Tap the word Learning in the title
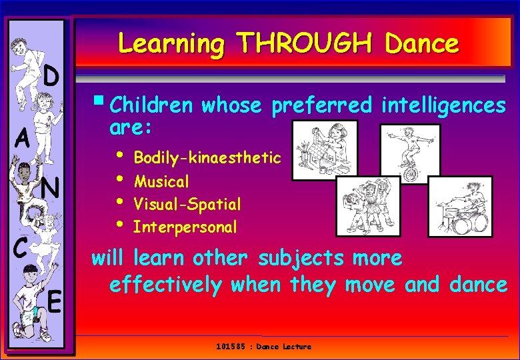pos(172,45)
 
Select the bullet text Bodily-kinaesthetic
pos(207,158)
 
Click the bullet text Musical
pos(161,181)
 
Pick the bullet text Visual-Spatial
pos(187,204)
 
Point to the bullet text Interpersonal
pos(185,227)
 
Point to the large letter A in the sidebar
pos(23,140)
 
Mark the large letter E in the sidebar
pos(54,303)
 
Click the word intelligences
pos(443,106)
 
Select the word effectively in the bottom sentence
pos(165,285)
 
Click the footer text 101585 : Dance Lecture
pos(263,347)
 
